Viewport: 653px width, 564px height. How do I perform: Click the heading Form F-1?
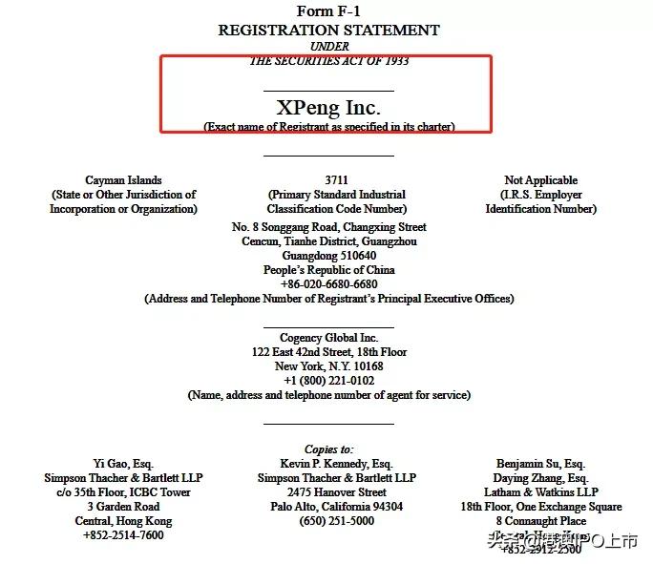[328, 11]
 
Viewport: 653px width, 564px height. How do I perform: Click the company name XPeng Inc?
[328, 108]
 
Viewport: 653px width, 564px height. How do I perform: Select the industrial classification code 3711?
[336, 179]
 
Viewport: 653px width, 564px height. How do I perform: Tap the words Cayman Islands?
[123, 179]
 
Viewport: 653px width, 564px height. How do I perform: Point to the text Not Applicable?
[540, 179]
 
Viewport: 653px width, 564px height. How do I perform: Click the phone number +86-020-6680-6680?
[328, 284]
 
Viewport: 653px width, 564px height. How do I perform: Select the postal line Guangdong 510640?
[328, 256]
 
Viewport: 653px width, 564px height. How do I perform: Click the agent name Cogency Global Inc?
[328, 338]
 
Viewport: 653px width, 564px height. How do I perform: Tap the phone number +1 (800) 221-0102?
[328, 381]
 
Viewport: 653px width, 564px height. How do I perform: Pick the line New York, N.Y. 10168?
[328, 366]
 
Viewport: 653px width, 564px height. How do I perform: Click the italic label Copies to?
[328, 449]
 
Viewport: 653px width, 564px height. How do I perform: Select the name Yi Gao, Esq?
[123, 464]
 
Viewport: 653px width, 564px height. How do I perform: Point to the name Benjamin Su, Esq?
[540, 464]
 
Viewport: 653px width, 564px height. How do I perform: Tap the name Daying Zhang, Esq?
[540, 478]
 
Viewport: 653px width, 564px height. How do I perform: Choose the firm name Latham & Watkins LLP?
[540, 492]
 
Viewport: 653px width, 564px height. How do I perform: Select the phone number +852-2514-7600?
[123, 535]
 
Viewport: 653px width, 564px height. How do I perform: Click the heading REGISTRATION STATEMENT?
[328, 30]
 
